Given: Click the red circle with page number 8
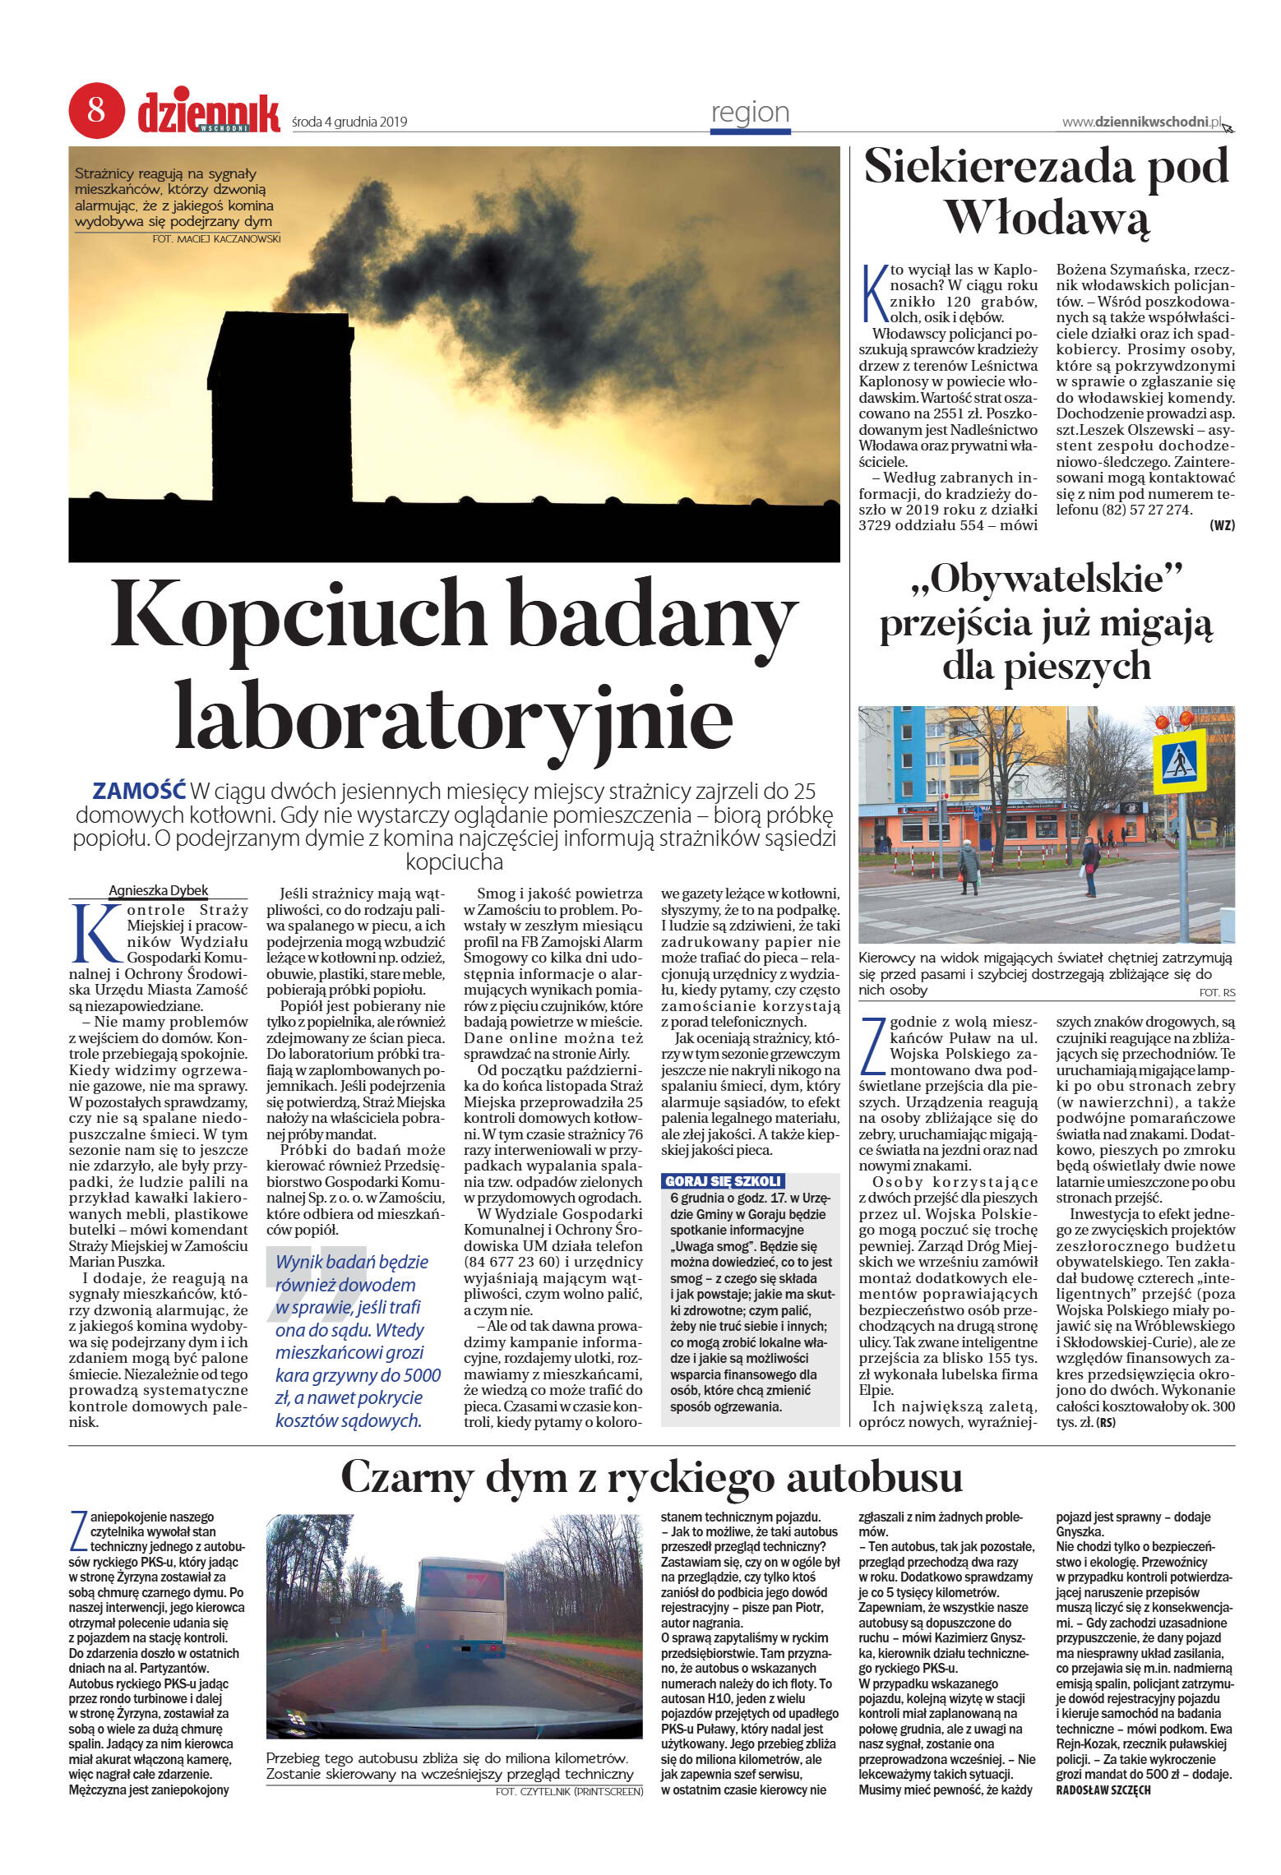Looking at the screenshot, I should [96, 110].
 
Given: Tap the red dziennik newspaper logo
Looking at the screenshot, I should [208, 113].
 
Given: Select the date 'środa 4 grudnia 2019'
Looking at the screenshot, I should [349, 122].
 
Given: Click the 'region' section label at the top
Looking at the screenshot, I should [750, 113].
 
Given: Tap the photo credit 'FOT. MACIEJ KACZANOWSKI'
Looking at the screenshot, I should [216, 239].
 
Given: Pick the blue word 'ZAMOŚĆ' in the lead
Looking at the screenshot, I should [139, 791].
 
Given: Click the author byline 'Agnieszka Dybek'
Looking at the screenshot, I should [158, 890].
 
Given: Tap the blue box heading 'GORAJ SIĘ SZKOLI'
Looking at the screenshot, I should [723, 1181].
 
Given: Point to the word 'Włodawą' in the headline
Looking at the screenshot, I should [1047, 218].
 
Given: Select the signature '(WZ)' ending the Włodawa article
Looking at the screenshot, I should [1222, 525].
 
